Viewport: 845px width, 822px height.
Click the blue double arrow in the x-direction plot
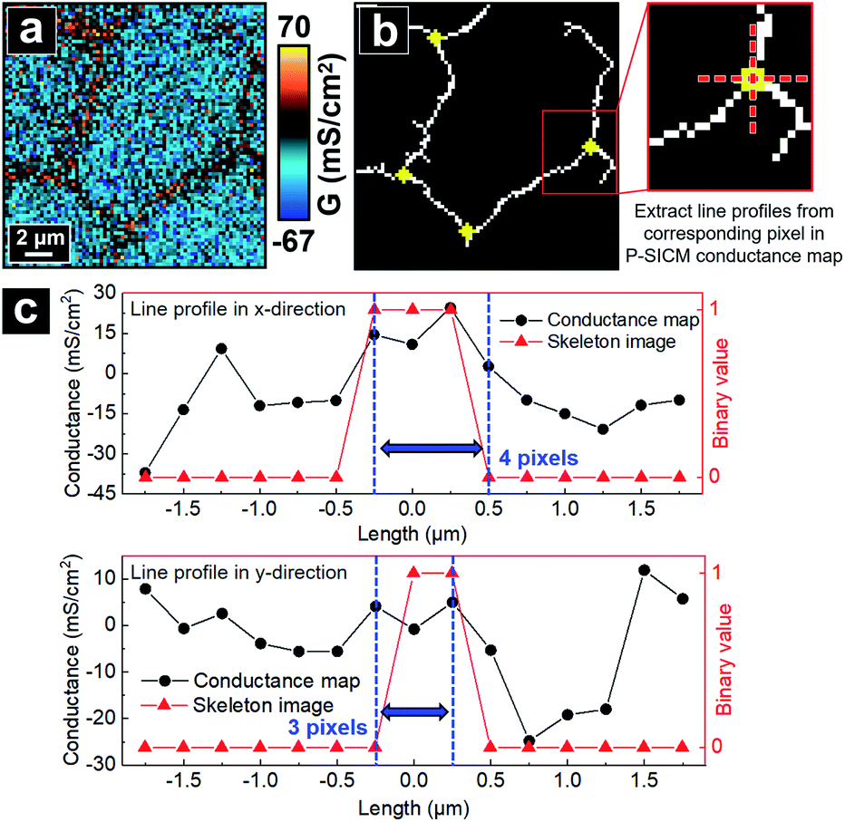click(432, 447)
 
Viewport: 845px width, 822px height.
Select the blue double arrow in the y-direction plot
click(413, 712)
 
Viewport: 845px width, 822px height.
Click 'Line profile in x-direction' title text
click(238, 309)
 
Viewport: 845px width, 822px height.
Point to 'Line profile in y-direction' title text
click(238, 573)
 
